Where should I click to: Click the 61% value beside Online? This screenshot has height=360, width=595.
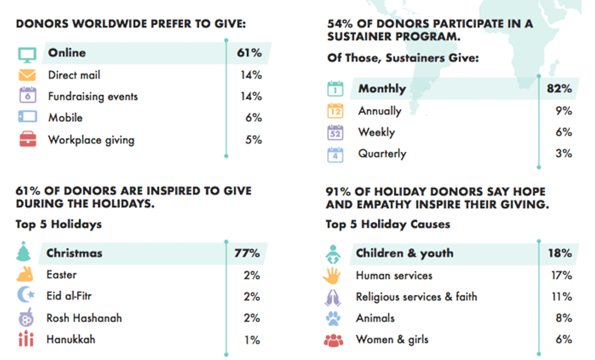(250, 53)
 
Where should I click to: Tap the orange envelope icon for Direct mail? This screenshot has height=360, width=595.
(27, 75)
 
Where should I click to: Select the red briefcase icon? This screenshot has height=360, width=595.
(27, 140)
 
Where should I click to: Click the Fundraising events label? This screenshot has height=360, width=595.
(93, 96)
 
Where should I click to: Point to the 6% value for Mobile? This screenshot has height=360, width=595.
(254, 118)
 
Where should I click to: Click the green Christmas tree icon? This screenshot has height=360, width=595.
(24, 252)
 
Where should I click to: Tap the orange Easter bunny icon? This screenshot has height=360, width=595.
(25, 275)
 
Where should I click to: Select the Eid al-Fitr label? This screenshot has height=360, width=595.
(69, 296)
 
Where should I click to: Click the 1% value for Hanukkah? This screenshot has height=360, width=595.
(252, 340)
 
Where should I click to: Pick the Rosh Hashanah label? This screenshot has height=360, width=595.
(84, 318)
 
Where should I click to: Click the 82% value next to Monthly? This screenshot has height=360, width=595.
(559, 89)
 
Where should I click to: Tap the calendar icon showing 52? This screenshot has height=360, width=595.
(335, 133)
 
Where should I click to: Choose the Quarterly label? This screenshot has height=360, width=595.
(382, 154)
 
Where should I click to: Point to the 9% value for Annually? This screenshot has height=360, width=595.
(563, 111)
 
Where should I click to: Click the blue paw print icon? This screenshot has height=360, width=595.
(332, 319)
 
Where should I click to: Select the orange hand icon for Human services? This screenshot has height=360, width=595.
(332, 276)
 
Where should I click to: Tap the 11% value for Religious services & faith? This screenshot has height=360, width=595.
(562, 297)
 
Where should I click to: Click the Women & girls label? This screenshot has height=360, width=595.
(392, 340)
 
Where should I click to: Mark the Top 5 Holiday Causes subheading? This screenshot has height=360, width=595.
(388, 224)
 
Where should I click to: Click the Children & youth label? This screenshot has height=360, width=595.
(405, 253)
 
